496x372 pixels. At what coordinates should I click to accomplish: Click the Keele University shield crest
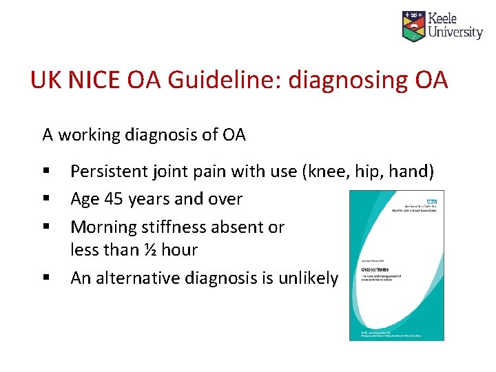coord(413,25)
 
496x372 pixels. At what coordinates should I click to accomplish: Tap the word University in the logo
coord(455,32)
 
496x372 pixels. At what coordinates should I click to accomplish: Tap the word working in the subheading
coord(92,135)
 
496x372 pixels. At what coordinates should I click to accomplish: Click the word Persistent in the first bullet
coord(109,171)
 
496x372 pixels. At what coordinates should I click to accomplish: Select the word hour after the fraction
coord(179,249)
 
